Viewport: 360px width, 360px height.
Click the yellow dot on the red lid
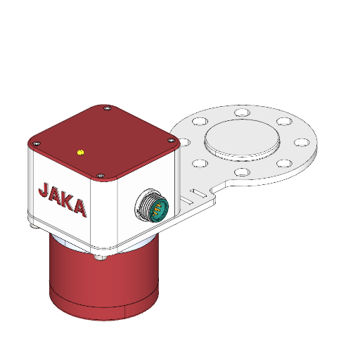81,151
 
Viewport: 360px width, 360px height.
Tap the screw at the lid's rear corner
106,108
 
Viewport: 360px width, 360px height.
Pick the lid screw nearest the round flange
172,140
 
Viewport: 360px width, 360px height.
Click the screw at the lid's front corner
101,175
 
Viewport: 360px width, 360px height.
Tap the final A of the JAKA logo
82,208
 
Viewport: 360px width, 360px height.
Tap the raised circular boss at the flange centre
242,138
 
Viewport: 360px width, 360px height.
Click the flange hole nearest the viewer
241,172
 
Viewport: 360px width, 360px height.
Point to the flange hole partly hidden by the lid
186,142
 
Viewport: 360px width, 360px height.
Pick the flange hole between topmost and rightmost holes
284,122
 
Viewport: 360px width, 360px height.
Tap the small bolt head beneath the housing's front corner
104,257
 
